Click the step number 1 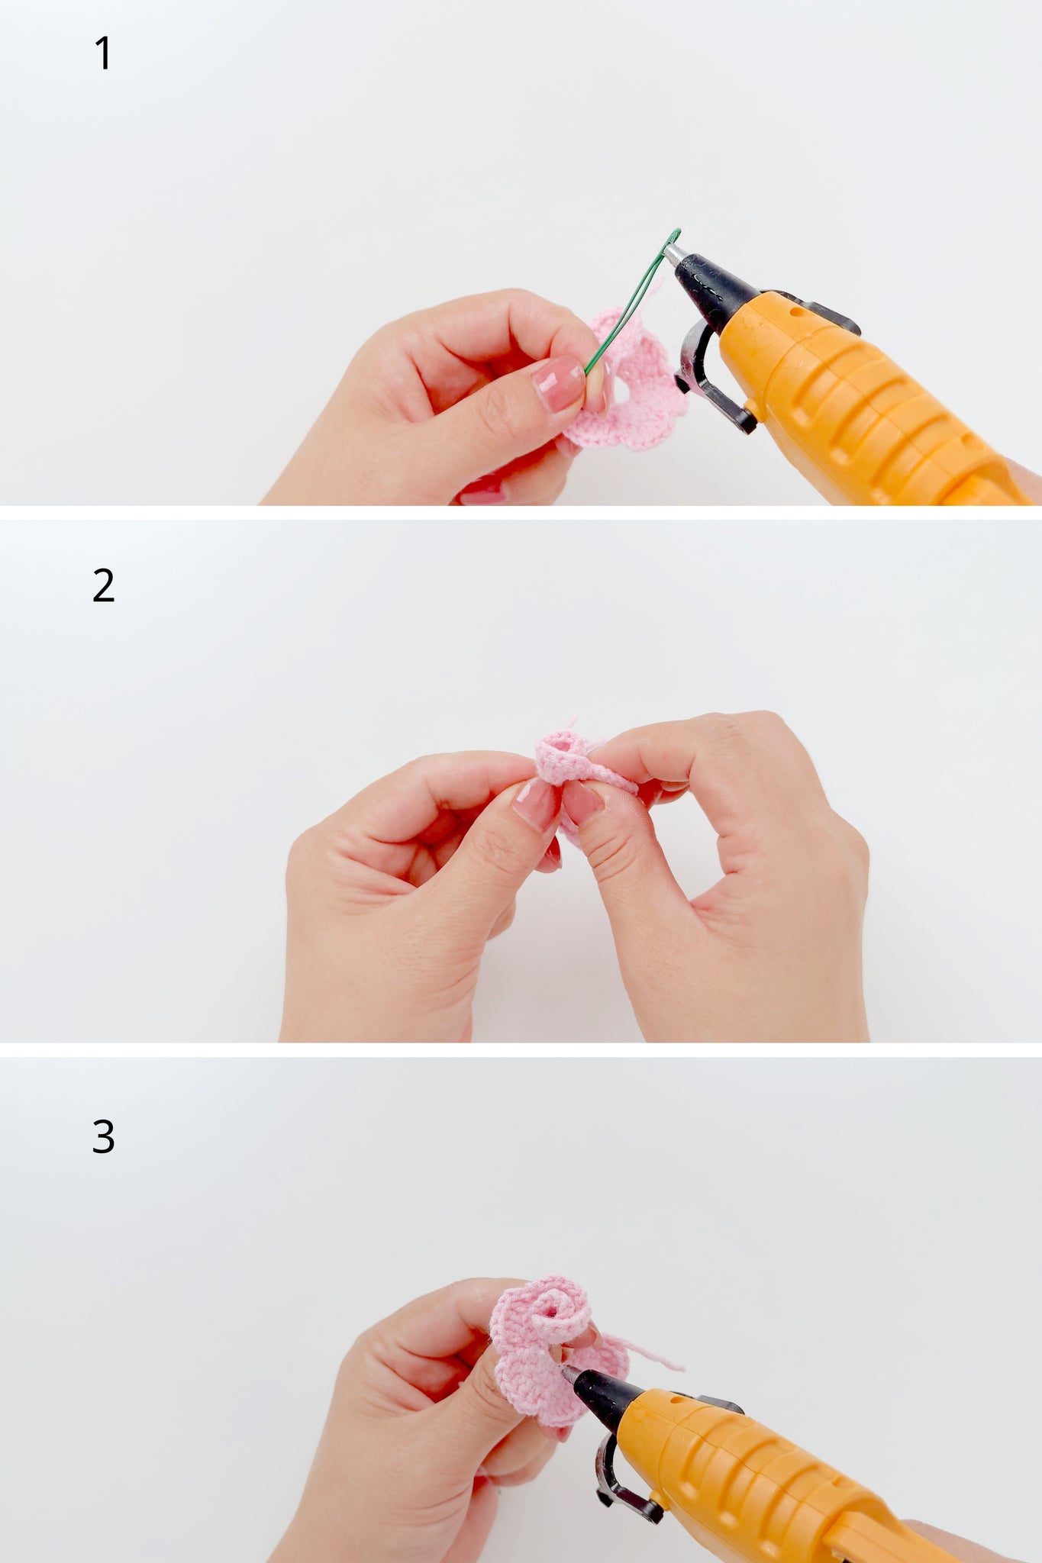pyautogui.click(x=103, y=54)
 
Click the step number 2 pyautogui.click(x=103, y=585)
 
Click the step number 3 pyautogui.click(x=103, y=1136)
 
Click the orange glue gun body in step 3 pyautogui.click(x=779, y=1481)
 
